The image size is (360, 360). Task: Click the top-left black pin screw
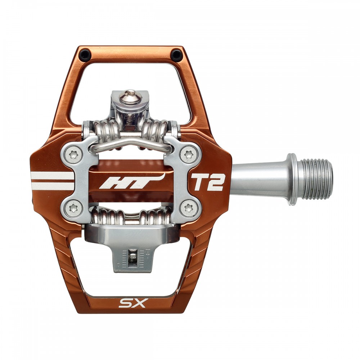[x=85, y=55]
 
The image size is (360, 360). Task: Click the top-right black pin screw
[x=176, y=55]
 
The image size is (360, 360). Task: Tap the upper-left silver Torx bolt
[x=73, y=155]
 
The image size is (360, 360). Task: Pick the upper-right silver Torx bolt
[x=189, y=154]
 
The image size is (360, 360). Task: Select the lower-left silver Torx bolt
[x=73, y=208]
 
